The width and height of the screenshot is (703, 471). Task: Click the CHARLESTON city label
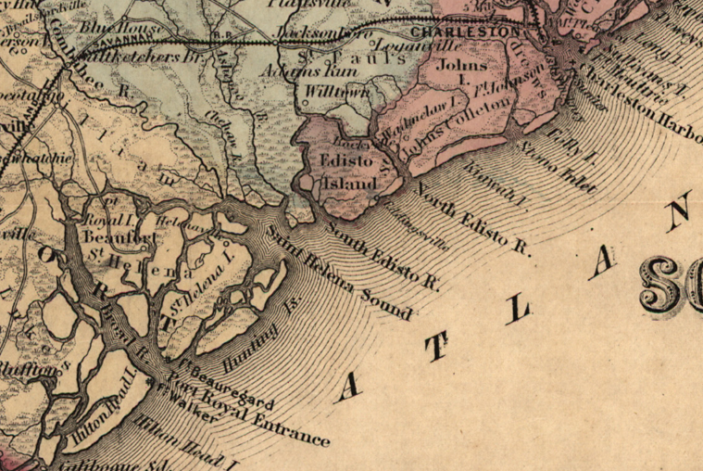coord(461,32)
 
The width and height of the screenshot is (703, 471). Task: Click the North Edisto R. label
coord(472,219)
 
